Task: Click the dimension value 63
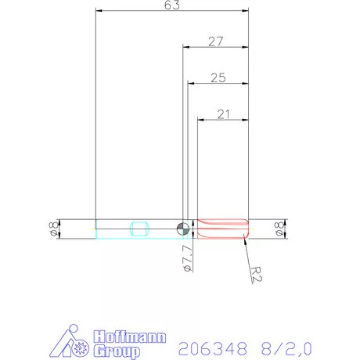pos(172,5)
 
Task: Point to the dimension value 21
pos(223,114)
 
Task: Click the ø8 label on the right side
pos(279,229)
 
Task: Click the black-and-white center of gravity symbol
pos(182,228)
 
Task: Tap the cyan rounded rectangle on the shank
pos(140,229)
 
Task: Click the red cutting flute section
pos(222,228)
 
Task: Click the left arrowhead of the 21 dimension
pos(200,120)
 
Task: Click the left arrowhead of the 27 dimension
pos(185,47)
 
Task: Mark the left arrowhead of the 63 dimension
pos(98,11)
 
